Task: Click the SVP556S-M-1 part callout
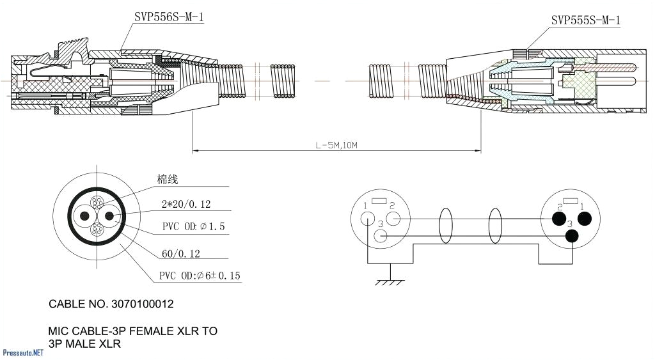pos(169,17)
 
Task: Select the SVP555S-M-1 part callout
pos(585,20)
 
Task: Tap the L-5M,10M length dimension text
pos(336,145)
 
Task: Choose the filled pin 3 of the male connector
pos(571,237)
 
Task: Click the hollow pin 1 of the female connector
pos(367,218)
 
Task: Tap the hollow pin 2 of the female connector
pos(393,219)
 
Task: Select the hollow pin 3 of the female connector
pos(380,237)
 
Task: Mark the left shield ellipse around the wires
pos(445,228)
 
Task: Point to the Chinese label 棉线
pos(167,180)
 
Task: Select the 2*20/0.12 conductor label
pos(185,205)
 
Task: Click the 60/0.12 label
pos(180,254)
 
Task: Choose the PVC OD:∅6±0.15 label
pos(200,276)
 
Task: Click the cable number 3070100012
pos(111,304)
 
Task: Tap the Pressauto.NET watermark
pos(23,352)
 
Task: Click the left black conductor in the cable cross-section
pos(83,216)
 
